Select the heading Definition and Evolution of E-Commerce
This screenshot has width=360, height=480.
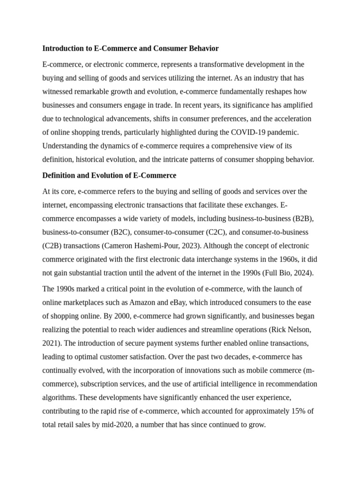click(x=109, y=175)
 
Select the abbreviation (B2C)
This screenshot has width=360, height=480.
click(x=121, y=232)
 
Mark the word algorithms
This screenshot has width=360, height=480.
click(x=59, y=397)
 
